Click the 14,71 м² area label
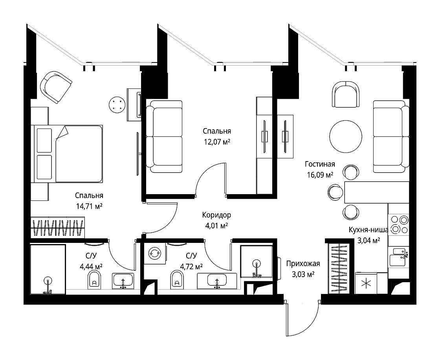[89, 206]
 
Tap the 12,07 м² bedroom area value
[217, 142]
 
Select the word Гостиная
[320, 164]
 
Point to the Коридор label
[216, 215]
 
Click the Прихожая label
[303, 264]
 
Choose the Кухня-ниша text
[368, 230]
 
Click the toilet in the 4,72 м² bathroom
[177, 279]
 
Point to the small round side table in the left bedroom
[117, 105]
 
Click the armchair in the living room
[346, 94]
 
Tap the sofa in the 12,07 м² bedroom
[165, 137]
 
